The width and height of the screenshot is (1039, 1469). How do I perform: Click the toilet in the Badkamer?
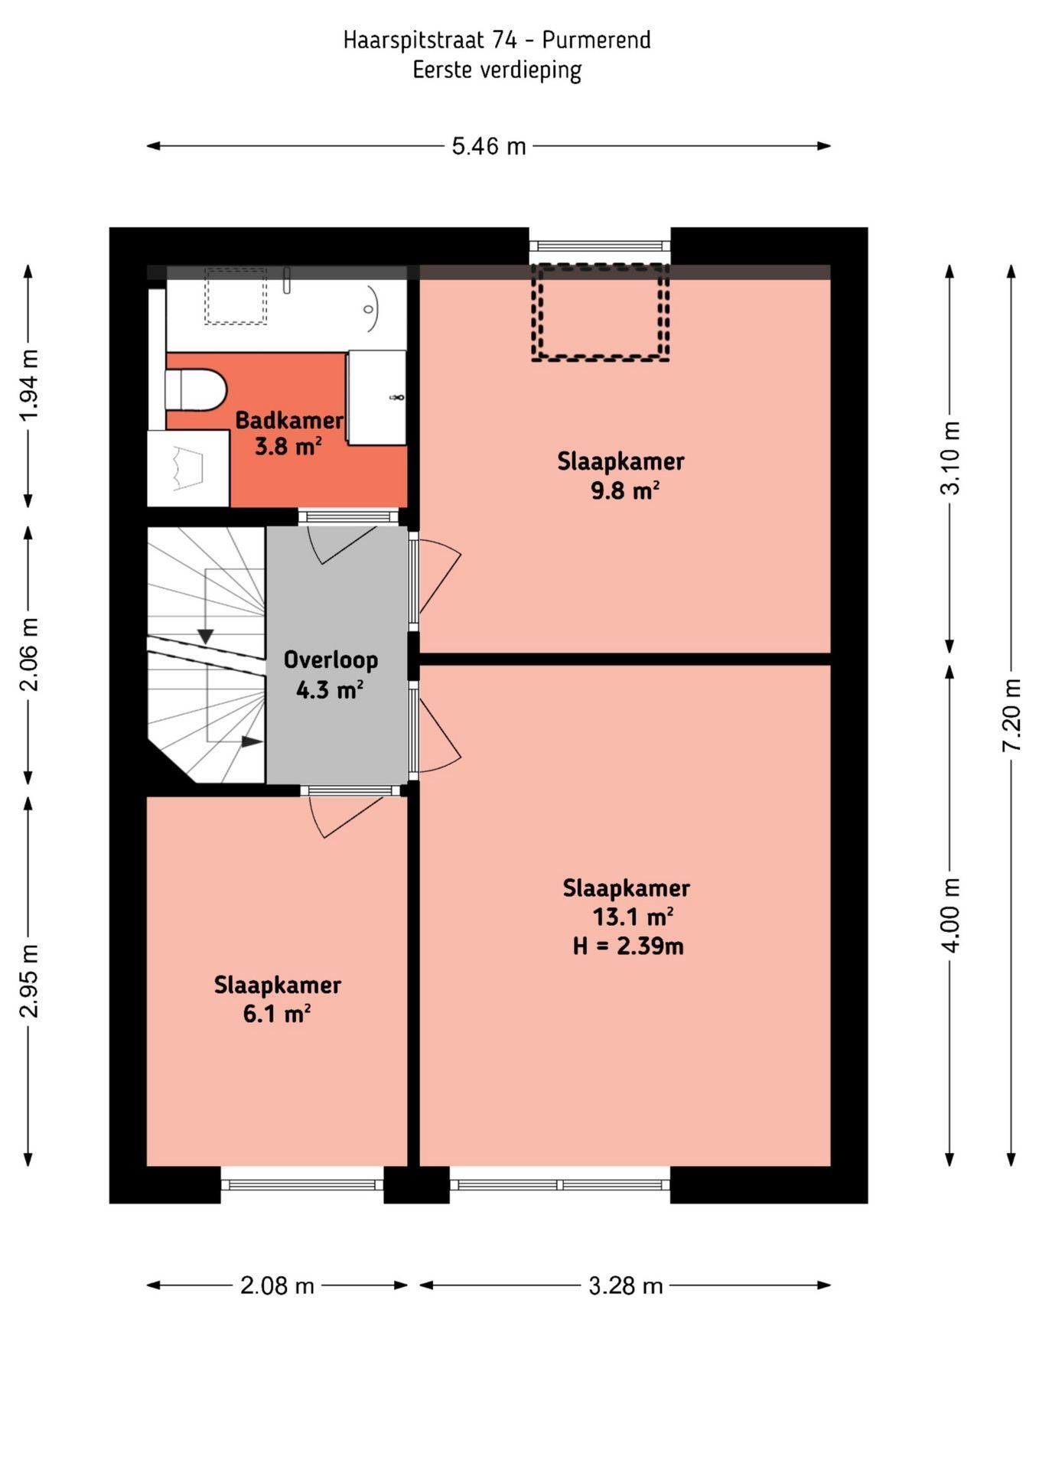coord(197,389)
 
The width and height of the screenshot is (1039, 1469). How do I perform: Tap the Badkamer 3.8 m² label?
coord(288,433)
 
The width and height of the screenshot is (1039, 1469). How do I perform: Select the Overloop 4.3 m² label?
coord(331,675)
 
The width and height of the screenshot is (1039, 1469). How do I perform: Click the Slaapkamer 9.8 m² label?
coord(620,475)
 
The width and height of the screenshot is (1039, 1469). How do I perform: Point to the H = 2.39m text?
coord(628,946)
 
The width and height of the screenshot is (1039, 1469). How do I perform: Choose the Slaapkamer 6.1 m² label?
coord(277,999)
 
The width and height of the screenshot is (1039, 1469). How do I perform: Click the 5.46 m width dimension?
coord(488,146)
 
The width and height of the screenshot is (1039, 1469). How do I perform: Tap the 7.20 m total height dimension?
coord(1011,715)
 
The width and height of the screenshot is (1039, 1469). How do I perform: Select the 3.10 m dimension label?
coord(949,458)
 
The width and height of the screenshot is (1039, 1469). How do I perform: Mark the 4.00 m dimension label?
coord(949,915)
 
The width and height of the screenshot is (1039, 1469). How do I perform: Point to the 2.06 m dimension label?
coord(28,655)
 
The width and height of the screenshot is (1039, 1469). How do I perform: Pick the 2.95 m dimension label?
coord(28,981)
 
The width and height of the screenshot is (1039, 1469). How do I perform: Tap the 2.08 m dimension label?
coord(277,1285)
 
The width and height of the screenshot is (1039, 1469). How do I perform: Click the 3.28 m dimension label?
coord(625,1285)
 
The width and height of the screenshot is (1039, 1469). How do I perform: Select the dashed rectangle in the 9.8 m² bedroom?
coord(601,312)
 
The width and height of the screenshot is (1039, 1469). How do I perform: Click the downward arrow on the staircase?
coord(205,635)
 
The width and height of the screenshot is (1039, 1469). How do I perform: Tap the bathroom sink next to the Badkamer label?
coord(376,398)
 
